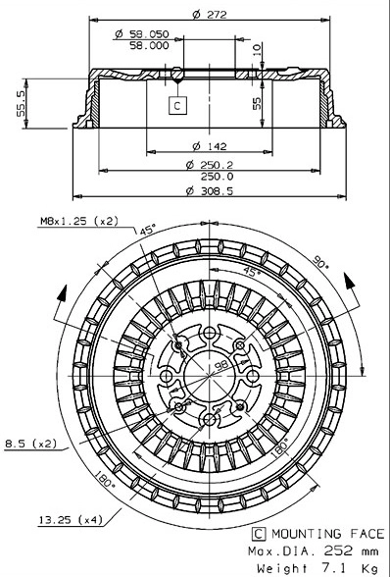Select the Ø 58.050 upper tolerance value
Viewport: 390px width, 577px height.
tap(141, 33)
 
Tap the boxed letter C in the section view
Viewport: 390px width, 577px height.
tap(176, 104)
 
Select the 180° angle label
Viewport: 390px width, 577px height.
tap(107, 481)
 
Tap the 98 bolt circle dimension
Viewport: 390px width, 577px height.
tap(220, 363)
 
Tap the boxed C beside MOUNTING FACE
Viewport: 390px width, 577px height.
tap(258, 534)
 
